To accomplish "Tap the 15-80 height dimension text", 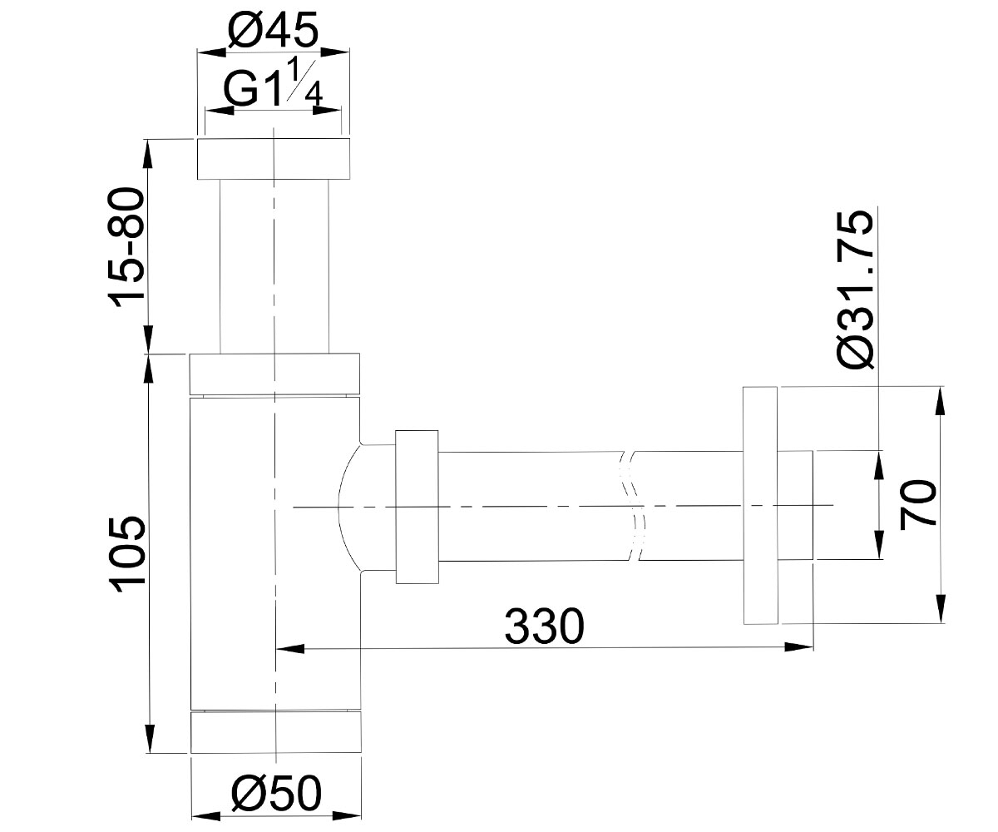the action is click(x=127, y=247).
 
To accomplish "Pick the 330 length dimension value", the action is click(x=545, y=626).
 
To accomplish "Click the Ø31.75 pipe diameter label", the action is click(x=855, y=290).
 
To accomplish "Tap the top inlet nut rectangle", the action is click(x=274, y=159).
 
